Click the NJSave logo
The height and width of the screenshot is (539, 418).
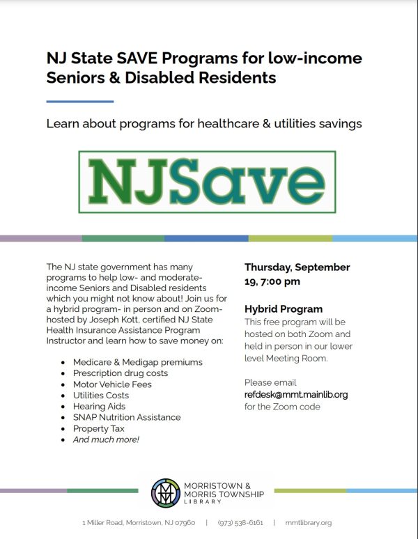pos(207,181)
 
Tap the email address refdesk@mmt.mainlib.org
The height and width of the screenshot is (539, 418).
pos(296,394)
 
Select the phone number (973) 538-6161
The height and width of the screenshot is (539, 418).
pos(240,522)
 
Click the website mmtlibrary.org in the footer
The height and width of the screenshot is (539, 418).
pos(308,522)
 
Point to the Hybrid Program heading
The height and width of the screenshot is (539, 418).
pos(284,309)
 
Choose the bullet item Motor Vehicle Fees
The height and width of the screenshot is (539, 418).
pos(112,384)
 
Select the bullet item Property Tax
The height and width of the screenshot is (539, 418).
pos(99,428)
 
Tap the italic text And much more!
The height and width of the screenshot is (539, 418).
pos(106,439)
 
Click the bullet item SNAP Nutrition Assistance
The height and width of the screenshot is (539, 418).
pos(127,417)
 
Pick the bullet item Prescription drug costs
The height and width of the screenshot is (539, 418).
pos(121,373)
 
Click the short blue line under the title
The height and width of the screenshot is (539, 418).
pos(79,102)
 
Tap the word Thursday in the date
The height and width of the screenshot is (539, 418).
pos(268,267)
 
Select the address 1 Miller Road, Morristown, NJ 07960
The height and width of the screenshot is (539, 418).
pos(139,522)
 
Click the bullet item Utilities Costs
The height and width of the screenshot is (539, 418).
pos(101,395)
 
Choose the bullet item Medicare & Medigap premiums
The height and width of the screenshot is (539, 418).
pos(138,361)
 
